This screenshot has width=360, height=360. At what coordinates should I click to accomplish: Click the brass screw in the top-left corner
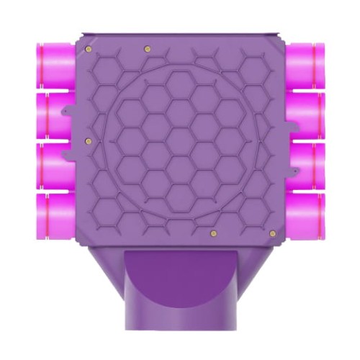click(x=88, y=49)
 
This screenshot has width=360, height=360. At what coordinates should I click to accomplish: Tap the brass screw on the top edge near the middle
click(x=148, y=49)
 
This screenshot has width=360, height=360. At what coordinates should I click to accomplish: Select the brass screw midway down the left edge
click(x=88, y=141)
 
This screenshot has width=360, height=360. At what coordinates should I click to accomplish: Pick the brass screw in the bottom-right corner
click(x=272, y=233)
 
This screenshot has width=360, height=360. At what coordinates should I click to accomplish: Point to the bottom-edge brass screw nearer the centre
click(x=213, y=233)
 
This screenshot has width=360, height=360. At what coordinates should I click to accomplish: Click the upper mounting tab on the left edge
click(x=68, y=112)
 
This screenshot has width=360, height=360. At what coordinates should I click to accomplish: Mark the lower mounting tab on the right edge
click(x=292, y=171)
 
